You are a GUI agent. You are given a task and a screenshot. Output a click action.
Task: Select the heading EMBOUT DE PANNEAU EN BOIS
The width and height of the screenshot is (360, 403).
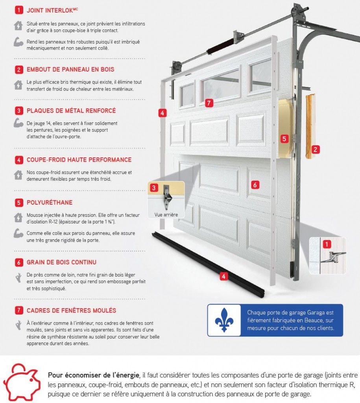pyautogui.click(x=70, y=69)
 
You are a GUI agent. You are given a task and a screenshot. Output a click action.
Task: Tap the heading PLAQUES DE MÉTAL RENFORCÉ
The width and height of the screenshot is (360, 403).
pyautogui.click(x=71, y=111)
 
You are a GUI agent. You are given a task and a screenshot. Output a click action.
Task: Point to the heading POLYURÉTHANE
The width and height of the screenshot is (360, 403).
pyautogui.click(x=50, y=203)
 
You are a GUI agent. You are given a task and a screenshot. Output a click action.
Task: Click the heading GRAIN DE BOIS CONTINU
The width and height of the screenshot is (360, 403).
pyautogui.click(x=62, y=262)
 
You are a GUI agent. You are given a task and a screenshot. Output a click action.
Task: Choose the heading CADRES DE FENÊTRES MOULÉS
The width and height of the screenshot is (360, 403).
pyautogui.click(x=72, y=311)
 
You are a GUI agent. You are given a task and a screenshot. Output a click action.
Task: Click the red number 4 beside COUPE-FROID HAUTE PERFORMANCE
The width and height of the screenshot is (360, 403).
pyautogui.click(x=19, y=160)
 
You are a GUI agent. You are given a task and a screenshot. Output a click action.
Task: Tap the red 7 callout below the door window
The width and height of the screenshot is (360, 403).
pyautogui.click(x=209, y=103)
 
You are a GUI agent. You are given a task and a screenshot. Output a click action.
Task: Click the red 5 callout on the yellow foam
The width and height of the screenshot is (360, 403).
pyautogui.click(x=284, y=139)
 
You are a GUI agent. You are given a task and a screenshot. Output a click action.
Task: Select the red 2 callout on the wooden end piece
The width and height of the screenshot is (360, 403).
pyautogui.click(x=315, y=149)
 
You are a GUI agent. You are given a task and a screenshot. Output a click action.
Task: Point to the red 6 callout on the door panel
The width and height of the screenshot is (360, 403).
pyautogui.click(x=255, y=185)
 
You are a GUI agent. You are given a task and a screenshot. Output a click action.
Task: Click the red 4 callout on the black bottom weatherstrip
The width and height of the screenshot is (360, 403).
pyautogui.click(x=223, y=276)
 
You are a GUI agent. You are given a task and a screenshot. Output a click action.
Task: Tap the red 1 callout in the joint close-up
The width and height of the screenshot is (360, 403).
pyautogui.click(x=327, y=244)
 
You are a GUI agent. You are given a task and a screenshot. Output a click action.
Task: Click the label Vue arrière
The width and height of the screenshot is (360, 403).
pyautogui.click(x=166, y=214)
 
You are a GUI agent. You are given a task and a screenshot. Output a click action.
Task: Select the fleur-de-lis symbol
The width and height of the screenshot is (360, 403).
pyautogui.click(x=224, y=320)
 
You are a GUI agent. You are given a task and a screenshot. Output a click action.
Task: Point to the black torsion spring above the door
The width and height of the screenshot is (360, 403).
pyautogui.click(x=220, y=46)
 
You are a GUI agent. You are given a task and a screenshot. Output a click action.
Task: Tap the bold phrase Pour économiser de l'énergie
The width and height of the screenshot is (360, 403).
pyautogui.click(x=94, y=375)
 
